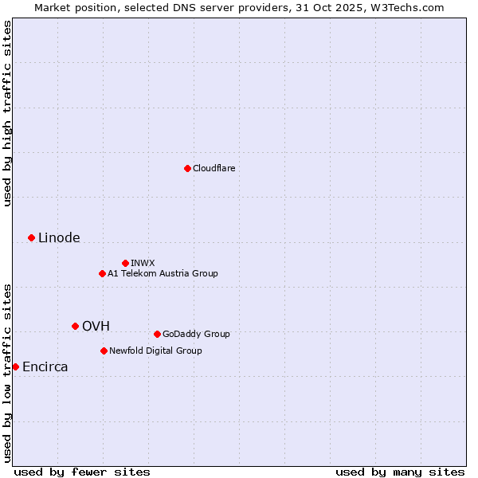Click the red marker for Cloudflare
(x=187, y=168)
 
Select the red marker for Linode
(x=31, y=237)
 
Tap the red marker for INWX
(x=125, y=263)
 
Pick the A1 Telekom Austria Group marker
(x=102, y=273)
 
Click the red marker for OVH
(x=75, y=326)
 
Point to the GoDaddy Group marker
(x=157, y=334)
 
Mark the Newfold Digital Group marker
(x=104, y=351)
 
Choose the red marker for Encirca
(x=15, y=366)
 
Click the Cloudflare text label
(x=214, y=168)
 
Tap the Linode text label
(x=59, y=237)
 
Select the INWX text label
(x=143, y=263)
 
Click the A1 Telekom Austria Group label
(x=163, y=273)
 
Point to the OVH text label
(x=96, y=326)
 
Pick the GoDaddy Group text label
(x=196, y=334)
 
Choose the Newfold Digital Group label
(x=155, y=351)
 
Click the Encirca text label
(x=45, y=366)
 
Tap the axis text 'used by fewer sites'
(x=82, y=472)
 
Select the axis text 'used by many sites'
(x=400, y=472)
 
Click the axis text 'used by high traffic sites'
(x=7, y=113)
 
